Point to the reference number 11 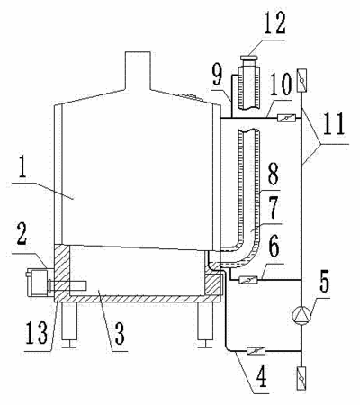tap(334, 123)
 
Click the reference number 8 tap(273, 175)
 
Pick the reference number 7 tap(273, 208)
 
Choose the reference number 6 tap(273, 247)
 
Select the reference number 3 tap(119, 335)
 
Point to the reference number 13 tap(37, 334)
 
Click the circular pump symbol tap(301, 315)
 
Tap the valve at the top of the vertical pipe tap(301, 80)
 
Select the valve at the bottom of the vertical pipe tap(301, 378)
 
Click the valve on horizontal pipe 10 tap(286, 118)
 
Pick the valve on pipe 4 tap(256, 350)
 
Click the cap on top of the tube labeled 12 tap(249, 58)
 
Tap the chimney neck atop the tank tap(137, 71)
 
